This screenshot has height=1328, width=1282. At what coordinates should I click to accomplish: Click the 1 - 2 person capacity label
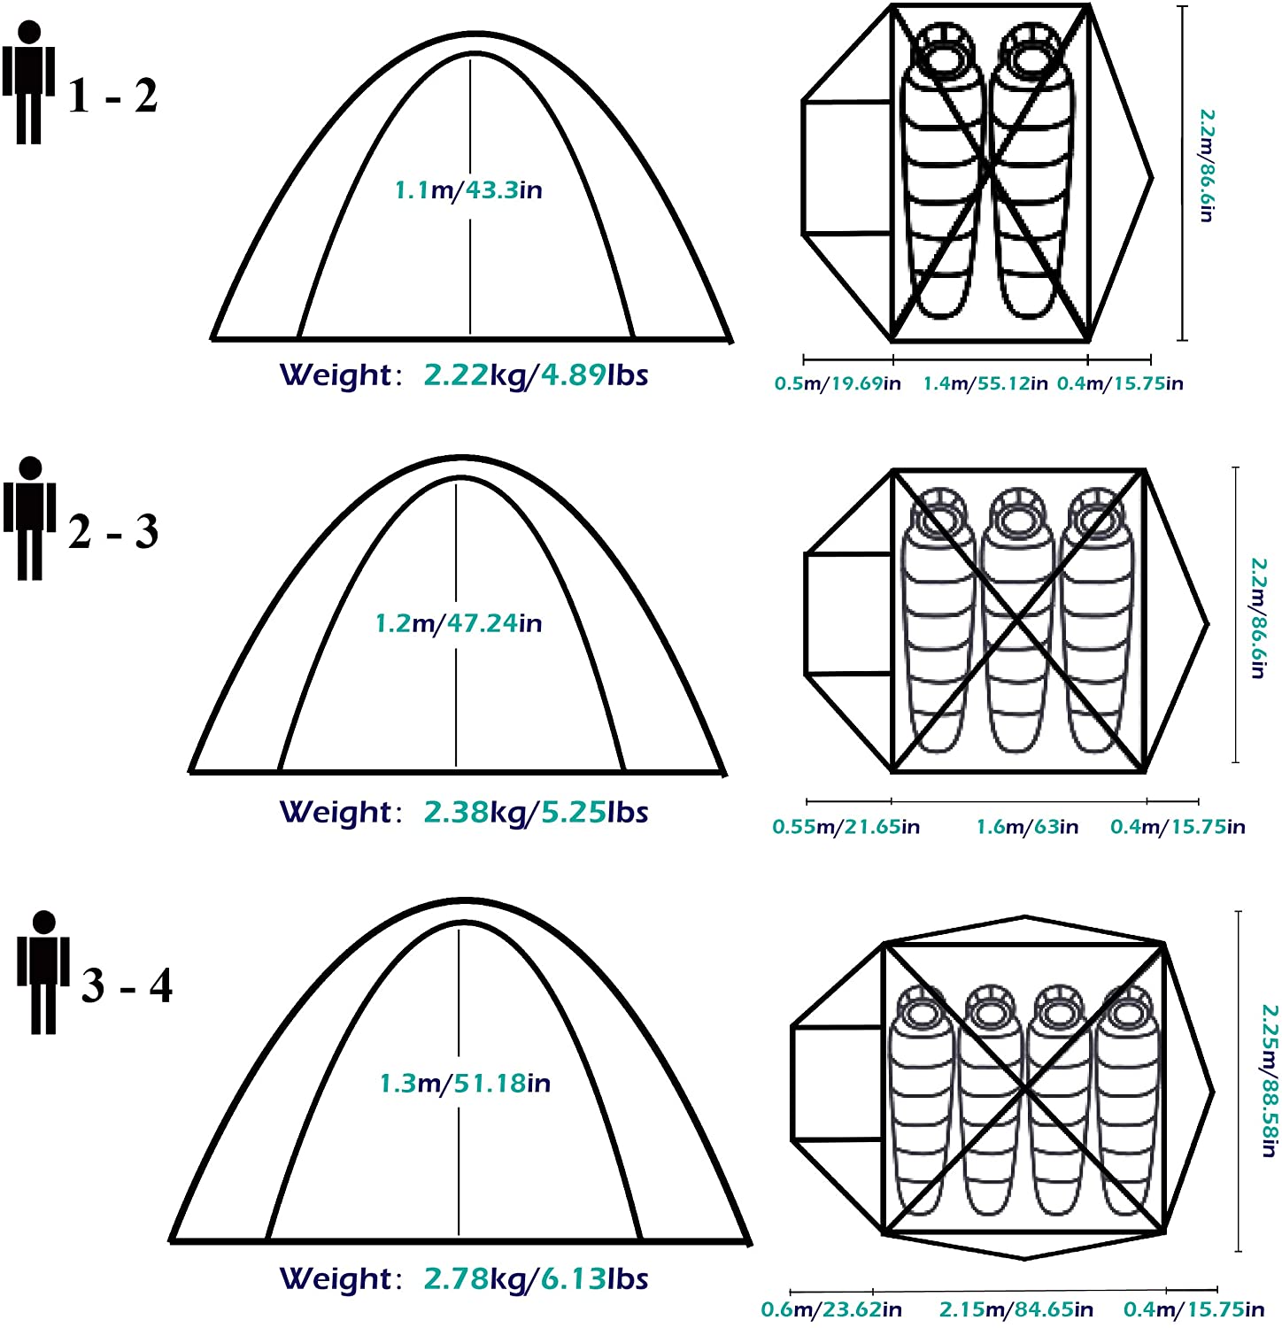113,95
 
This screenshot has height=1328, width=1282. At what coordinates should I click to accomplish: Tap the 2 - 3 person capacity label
113,531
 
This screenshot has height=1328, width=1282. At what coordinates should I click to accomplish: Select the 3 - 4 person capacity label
127,985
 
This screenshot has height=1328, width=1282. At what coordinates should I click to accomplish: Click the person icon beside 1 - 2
29,82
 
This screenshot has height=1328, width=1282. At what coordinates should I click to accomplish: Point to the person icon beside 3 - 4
43,972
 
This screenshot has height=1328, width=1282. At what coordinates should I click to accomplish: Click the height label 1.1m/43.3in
468,189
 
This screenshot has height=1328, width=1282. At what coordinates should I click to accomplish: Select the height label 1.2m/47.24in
459,623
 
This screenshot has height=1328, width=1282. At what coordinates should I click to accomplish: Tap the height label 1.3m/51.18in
465,1083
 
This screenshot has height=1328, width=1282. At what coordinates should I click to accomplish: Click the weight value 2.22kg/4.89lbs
536,375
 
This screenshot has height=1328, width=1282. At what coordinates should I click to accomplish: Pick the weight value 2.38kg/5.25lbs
536,812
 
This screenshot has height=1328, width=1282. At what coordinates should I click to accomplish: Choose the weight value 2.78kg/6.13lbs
536,1278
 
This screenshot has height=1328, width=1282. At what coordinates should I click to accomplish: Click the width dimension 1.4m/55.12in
985,383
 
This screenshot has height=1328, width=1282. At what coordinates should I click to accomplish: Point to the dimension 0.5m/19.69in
838,383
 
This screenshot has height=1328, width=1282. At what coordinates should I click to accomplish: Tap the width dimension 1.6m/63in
1027,827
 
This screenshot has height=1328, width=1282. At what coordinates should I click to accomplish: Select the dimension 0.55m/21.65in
846,827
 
